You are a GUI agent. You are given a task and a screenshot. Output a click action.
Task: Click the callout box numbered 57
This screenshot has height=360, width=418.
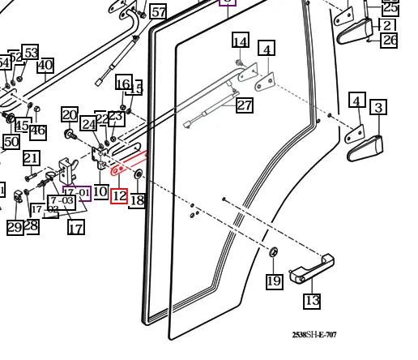click(x=159, y=11)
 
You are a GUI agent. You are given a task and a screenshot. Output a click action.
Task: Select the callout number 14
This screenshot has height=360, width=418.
click(x=240, y=42)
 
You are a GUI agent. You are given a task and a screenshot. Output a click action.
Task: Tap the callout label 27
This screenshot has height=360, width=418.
click(x=244, y=106)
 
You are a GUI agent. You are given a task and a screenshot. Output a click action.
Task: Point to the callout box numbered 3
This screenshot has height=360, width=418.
click(x=378, y=107)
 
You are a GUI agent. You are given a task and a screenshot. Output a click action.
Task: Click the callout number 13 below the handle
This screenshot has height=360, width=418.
click(x=312, y=301)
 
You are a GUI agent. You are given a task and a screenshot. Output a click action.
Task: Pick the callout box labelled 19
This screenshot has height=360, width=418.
click(x=274, y=281)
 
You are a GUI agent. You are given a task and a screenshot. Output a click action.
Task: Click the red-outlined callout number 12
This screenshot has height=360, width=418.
click(x=119, y=195)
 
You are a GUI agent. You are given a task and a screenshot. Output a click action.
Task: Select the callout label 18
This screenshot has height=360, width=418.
click(x=138, y=200)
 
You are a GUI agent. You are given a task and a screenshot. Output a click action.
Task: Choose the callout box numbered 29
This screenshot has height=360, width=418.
click(x=15, y=228)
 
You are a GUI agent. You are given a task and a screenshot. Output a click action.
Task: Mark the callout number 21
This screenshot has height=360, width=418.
click(x=31, y=158)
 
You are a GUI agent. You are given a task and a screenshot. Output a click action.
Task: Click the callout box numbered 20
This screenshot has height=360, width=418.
click(x=70, y=115)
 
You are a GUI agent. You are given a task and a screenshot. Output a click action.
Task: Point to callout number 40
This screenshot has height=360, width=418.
click(x=45, y=66)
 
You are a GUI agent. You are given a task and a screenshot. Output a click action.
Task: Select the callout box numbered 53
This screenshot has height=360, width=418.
click(x=30, y=54)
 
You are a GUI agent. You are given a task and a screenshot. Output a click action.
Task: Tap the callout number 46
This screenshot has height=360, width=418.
click(x=38, y=131)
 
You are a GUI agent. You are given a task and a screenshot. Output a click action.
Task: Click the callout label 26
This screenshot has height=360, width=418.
click(x=389, y=40)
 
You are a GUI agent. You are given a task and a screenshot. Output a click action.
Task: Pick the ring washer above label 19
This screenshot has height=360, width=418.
click(x=273, y=254)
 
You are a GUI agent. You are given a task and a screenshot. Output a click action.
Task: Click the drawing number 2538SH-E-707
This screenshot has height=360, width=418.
click(x=314, y=335)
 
